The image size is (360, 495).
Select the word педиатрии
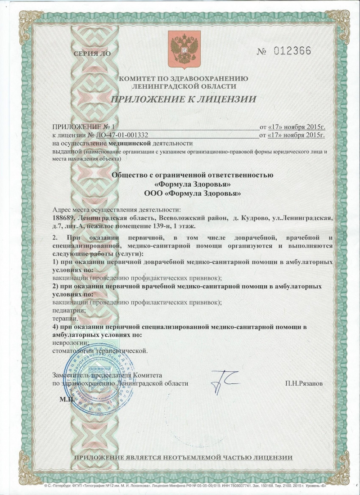click(69, 310)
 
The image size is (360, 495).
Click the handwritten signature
click(222, 380)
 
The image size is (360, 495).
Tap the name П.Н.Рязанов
click(304, 383)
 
